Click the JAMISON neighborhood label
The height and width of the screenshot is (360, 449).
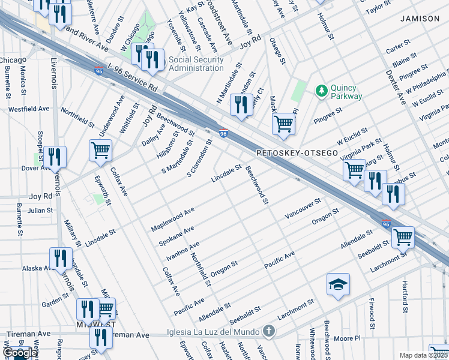[x=420, y=19]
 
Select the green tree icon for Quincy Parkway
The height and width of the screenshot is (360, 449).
[x=322, y=90]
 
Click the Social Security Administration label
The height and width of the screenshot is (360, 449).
[x=196, y=64]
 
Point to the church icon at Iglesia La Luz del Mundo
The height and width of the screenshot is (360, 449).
[x=270, y=331]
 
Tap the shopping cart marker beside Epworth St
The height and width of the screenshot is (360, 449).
[x=100, y=149]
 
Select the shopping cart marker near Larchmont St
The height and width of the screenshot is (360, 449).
[x=402, y=236]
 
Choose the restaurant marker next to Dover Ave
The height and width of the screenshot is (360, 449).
[x=55, y=158]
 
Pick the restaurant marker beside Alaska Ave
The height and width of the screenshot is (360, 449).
[x=60, y=259]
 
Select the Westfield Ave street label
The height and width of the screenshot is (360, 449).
[x=28, y=109]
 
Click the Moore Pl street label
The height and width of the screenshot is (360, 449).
[x=346, y=338]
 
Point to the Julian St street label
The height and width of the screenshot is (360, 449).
[x=40, y=211]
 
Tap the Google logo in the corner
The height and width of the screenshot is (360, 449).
[x=20, y=353]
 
